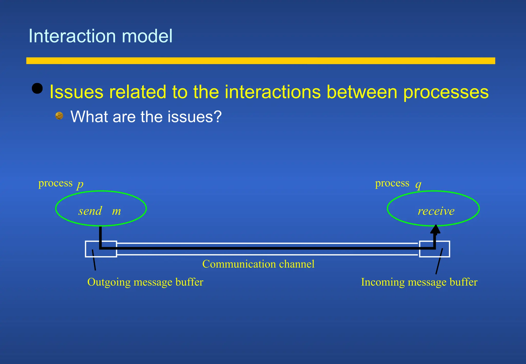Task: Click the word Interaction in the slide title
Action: coord(72,36)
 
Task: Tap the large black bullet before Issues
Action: coord(37,89)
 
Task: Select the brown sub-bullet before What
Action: coord(59,116)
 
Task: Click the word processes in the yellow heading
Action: coord(446,92)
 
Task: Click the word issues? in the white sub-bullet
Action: coord(194,117)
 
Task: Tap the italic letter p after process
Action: coord(80,184)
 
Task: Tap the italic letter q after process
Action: coord(418,184)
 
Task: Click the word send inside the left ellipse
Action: coord(90,211)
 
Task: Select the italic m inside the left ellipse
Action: coord(116,211)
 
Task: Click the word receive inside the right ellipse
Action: coord(436,211)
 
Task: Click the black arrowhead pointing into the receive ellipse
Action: coord(435,229)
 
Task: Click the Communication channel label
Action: coord(258,264)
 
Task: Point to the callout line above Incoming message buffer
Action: coord(439,261)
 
